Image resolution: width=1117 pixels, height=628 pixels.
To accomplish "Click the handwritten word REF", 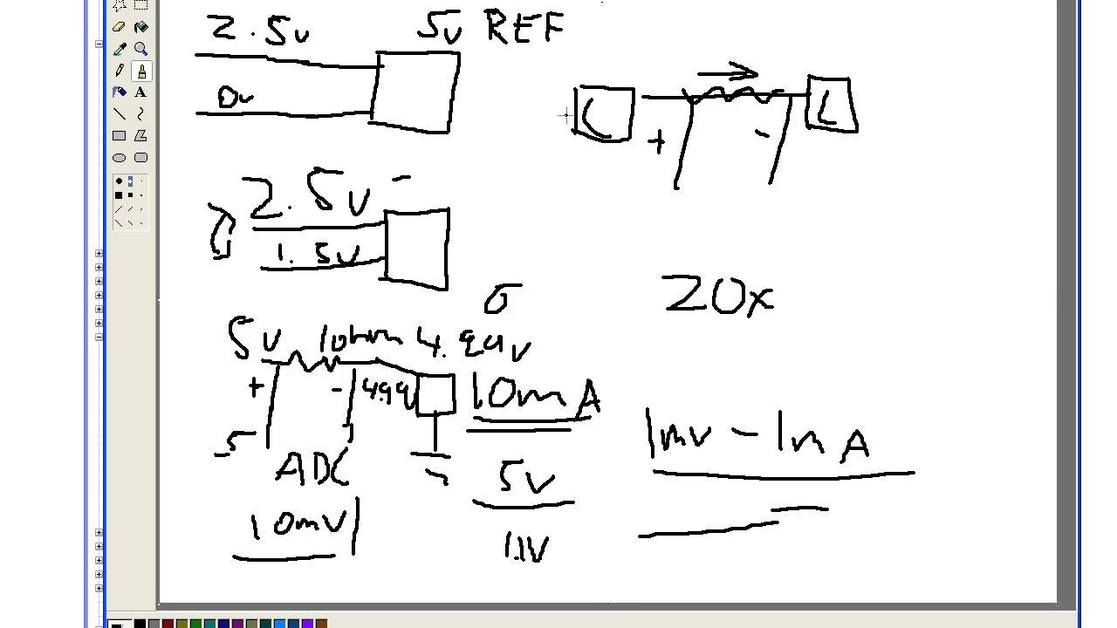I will tap(524, 29).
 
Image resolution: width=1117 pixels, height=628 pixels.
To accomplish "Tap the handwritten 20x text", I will tap(718, 296).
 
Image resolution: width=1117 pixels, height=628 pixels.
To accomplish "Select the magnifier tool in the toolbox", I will tap(140, 49).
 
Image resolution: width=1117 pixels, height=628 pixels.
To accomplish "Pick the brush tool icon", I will tap(140, 71).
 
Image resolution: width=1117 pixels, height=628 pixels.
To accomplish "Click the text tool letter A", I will tap(140, 92).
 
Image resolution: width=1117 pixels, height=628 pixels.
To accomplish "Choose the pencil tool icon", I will tap(120, 71).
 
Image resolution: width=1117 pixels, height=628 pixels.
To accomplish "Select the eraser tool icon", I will tap(120, 27).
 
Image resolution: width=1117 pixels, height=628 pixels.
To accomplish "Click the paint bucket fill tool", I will tap(140, 27).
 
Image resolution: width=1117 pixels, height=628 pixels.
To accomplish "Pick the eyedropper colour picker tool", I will tap(120, 49).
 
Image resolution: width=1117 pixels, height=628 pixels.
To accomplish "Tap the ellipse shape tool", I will tap(120, 157).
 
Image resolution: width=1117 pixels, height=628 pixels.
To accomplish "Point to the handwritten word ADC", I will tap(312, 469).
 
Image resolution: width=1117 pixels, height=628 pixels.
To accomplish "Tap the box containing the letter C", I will tap(604, 113).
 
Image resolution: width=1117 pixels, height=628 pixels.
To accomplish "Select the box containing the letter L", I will tap(831, 105).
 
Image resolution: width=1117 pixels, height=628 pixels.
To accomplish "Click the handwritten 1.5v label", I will tap(317, 254).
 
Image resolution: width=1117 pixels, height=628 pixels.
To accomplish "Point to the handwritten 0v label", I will tap(234, 98).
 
